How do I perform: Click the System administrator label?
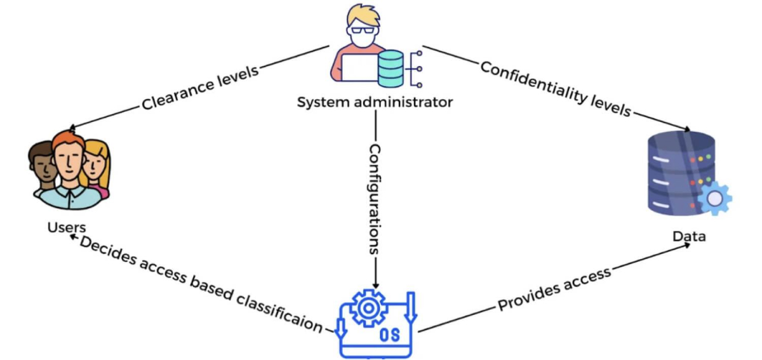click(375, 102)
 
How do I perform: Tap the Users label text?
click(67, 227)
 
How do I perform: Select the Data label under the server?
click(689, 236)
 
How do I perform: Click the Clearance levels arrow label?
click(200, 87)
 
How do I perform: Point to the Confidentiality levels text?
click(556, 89)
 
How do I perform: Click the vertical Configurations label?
click(375, 199)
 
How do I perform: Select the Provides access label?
click(554, 289)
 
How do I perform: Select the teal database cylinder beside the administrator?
click(390, 69)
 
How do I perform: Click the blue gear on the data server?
click(714, 199)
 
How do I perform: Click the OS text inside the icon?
click(389, 335)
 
